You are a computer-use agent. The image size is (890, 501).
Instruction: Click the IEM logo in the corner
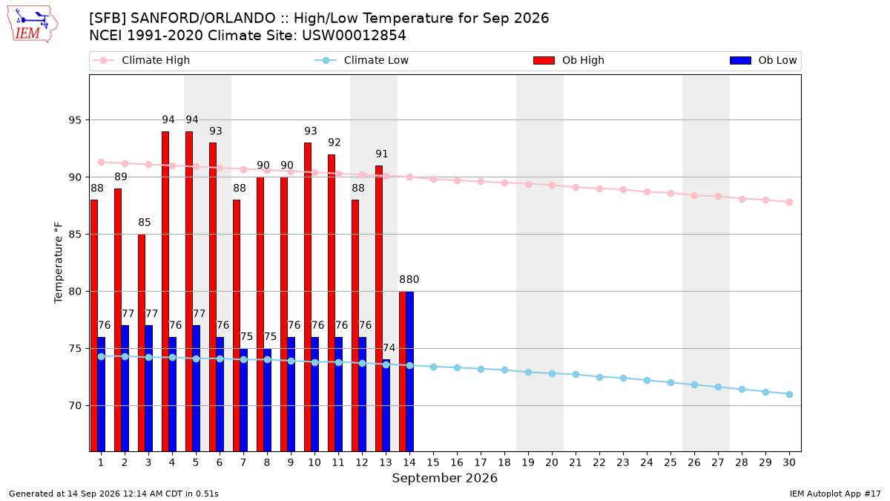[x=33, y=24]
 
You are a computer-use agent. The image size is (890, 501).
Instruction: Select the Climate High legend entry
[x=141, y=60]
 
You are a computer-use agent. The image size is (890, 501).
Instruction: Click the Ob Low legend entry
[x=763, y=60]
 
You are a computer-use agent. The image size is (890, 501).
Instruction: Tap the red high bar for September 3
[x=142, y=343]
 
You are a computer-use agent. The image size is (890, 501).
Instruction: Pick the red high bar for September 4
[x=165, y=292]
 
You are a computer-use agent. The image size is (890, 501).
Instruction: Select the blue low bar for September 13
[x=386, y=405]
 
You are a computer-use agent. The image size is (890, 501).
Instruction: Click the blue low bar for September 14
[x=409, y=371]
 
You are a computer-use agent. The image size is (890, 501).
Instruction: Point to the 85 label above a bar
[x=145, y=222]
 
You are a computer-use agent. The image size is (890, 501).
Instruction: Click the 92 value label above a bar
[x=334, y=143]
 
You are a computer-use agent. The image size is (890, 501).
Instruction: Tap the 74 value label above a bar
[x=389, y=348]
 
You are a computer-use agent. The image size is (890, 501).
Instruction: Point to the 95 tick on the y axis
[x=75, y=120]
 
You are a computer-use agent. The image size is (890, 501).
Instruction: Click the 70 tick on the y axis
[x=75, y=406]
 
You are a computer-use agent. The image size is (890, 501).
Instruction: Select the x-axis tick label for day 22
[x=599, y=462]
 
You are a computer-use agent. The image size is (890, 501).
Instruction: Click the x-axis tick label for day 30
[x=789, y=462]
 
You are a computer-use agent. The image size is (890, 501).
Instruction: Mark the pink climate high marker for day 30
[x=789, y=203]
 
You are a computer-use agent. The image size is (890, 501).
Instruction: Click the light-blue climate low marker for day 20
[x=552, y=374]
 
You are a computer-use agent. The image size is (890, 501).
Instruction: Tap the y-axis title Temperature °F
[x=59, y=263]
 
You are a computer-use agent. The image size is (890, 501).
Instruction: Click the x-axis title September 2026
[x=444, y=478]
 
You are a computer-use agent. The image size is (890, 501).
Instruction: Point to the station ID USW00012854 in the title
[x=354, y=36]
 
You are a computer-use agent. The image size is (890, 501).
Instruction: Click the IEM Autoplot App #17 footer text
[x=835, y=494]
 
